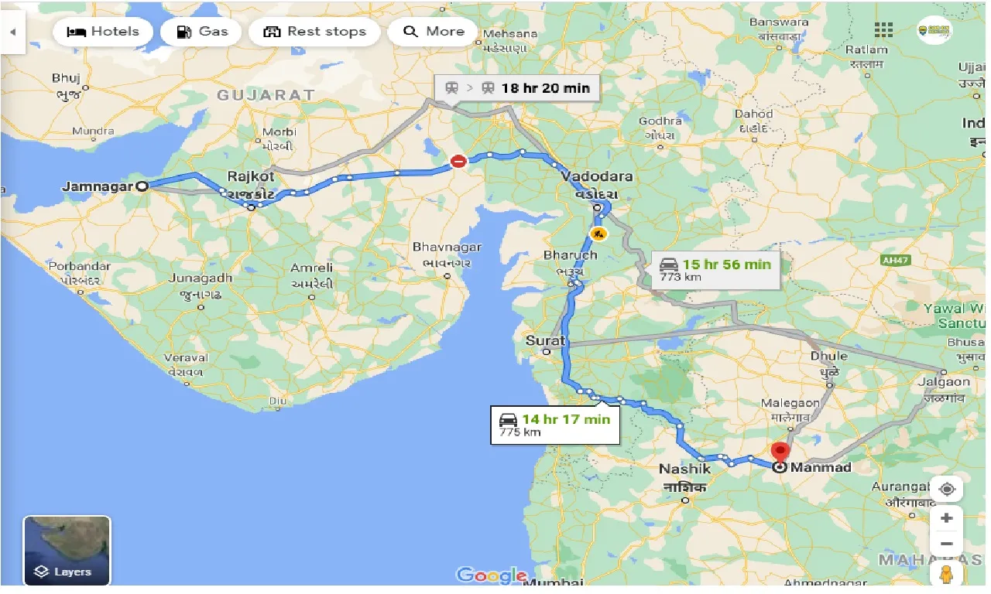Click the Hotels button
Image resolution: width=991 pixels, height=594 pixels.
click(103, 32)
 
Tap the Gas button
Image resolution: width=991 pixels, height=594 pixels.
click(201, 32)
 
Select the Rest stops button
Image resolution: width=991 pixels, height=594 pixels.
click(314, 32)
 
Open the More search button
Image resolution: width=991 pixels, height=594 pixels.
click(434, 32)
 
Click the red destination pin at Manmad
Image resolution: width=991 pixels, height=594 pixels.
click(780, 452)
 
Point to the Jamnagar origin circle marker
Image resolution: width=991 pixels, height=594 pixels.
click(142, 186)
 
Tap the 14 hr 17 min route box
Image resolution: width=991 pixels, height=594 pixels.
click(555, 425)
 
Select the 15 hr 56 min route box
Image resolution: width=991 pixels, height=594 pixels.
click(716, 269)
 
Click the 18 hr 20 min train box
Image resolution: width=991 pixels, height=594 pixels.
click(517, 88)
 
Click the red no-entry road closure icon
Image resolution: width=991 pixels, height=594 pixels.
click(459, 161)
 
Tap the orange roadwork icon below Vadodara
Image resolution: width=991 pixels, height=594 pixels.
click(598, 233)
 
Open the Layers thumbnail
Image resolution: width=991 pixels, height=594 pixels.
click(67, 550)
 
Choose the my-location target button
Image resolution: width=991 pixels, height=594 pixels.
click(946, 490)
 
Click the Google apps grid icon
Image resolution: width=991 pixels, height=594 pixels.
click(883, 30)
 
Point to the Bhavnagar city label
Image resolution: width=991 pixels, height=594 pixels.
click(447, 247)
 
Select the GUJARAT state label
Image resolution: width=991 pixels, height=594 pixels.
click(266, 95)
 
